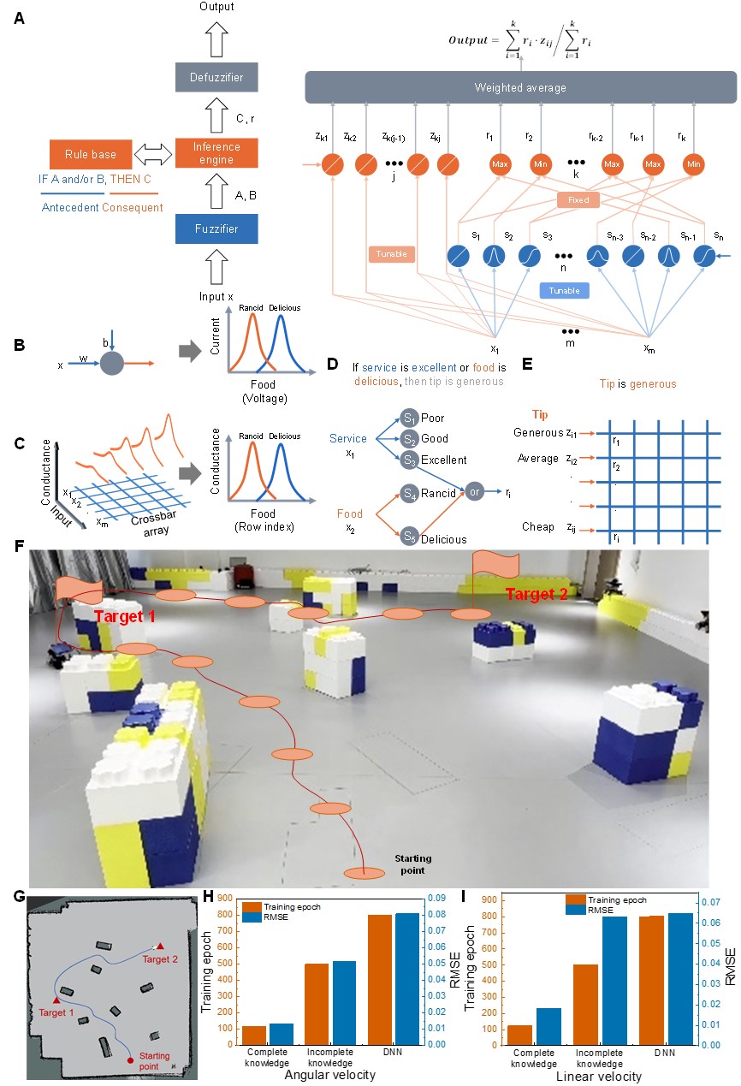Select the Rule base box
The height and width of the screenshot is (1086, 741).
pos(89,154)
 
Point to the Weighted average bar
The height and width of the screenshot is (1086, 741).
pos(520,87)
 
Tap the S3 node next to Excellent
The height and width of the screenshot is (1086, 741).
pos(409,460)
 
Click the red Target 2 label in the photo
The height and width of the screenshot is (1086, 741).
pos(536,594)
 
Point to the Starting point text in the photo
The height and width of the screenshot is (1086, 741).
pos(412,864)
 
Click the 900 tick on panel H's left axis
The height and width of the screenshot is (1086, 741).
pos(227,899)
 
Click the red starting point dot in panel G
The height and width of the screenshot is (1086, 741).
pos(131,1059)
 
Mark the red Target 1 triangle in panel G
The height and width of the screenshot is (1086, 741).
pos(57,999)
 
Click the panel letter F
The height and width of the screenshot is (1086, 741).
pos(20,545)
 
